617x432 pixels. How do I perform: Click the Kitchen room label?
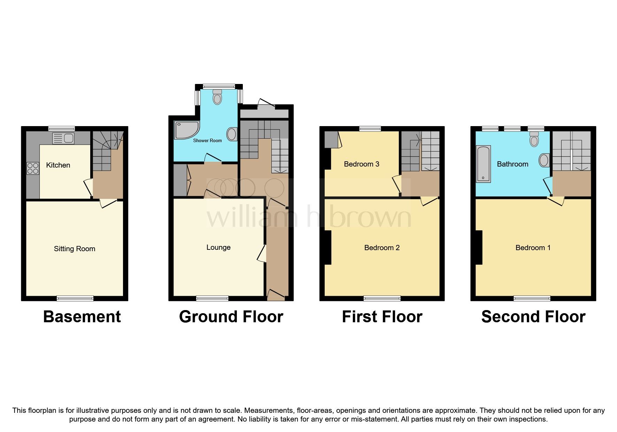pyautogui.click(x=58, y=165)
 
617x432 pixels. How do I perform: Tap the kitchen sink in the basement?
pyautogui.click(x=63, y=138)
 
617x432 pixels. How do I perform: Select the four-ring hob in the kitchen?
pyautogui.click(x=33, y=169)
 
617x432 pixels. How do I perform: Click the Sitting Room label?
pyautogui.click(x=75, y=249)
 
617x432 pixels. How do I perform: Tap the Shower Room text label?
pyautogui.click(x=207, y=141)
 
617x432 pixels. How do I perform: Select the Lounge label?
pyautogui.click(x=218, y=247)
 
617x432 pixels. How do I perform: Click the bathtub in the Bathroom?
pyautogui.click(x=483, y=164)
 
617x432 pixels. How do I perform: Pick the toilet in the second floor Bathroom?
pyautogui.click(x=534, y=139)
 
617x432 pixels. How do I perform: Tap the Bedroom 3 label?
pyautogui.click(x=361, y=164)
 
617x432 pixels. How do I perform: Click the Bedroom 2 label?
pyautogui.click(x=382, y=248)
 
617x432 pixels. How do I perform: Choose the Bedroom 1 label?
pyautogui.click(x=533, y=248)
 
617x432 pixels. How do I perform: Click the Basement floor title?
pyautogui.click(x=82, y=317)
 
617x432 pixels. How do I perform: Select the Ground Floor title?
pyautogui.click(x=231, y=317)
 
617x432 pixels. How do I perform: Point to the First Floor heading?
pyautogui.click(x=382, y=317)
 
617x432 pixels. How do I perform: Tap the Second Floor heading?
pyautogui.click(x=533, y=317)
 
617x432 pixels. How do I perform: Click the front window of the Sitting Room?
pyautogui.click(x=75, y=298)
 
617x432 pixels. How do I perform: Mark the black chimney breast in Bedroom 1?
pyautogui.click(x=479, y=247)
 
